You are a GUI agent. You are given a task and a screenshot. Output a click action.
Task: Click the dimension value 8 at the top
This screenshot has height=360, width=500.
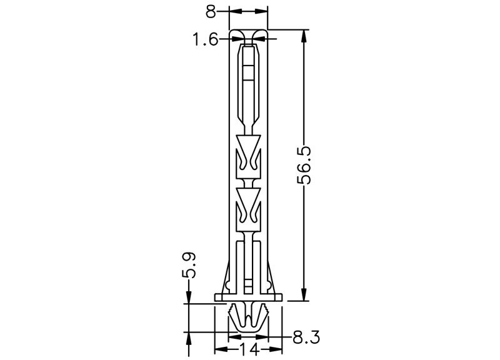point(211,11)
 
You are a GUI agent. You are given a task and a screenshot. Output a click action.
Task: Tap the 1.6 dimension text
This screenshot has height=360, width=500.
point(206,40)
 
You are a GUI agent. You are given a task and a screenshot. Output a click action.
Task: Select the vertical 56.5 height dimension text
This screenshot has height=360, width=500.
point(304,165)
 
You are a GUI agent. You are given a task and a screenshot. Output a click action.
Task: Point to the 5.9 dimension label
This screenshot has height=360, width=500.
point(189,264)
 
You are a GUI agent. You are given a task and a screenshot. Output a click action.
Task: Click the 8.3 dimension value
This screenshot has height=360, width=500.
point(306,337)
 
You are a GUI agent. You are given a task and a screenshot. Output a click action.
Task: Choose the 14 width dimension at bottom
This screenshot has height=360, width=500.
point(249,349)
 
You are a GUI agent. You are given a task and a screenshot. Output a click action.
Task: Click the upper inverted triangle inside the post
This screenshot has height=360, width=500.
point(248,143)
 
